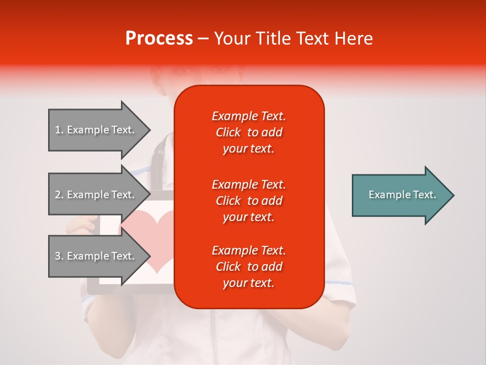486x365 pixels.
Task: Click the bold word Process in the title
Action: point(159,39)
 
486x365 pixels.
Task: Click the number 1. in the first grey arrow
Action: point(59,130)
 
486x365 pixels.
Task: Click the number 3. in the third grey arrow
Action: point(59,257)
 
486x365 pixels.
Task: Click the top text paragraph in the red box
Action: point(249,132)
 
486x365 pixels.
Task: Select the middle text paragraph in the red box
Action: point(249,201)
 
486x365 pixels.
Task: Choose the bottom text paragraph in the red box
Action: point(249,267)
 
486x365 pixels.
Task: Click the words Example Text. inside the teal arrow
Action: point(402,195)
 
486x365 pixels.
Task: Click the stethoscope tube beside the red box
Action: point(161,152)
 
